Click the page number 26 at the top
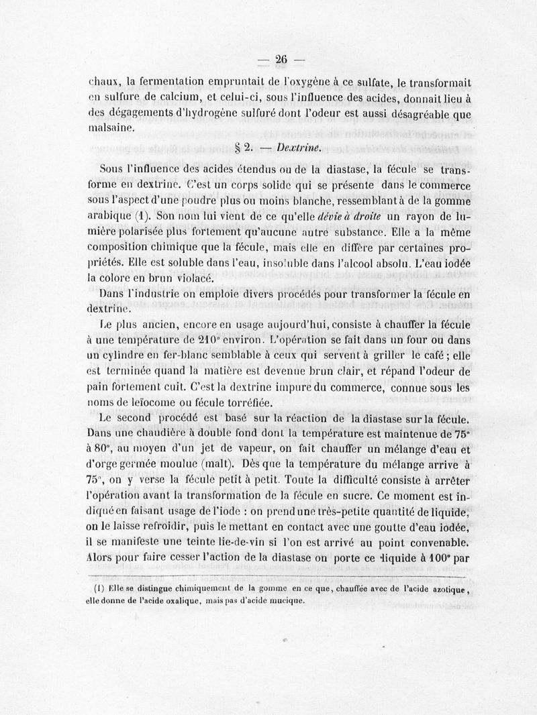[280, 60]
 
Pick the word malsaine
[111, 128]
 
